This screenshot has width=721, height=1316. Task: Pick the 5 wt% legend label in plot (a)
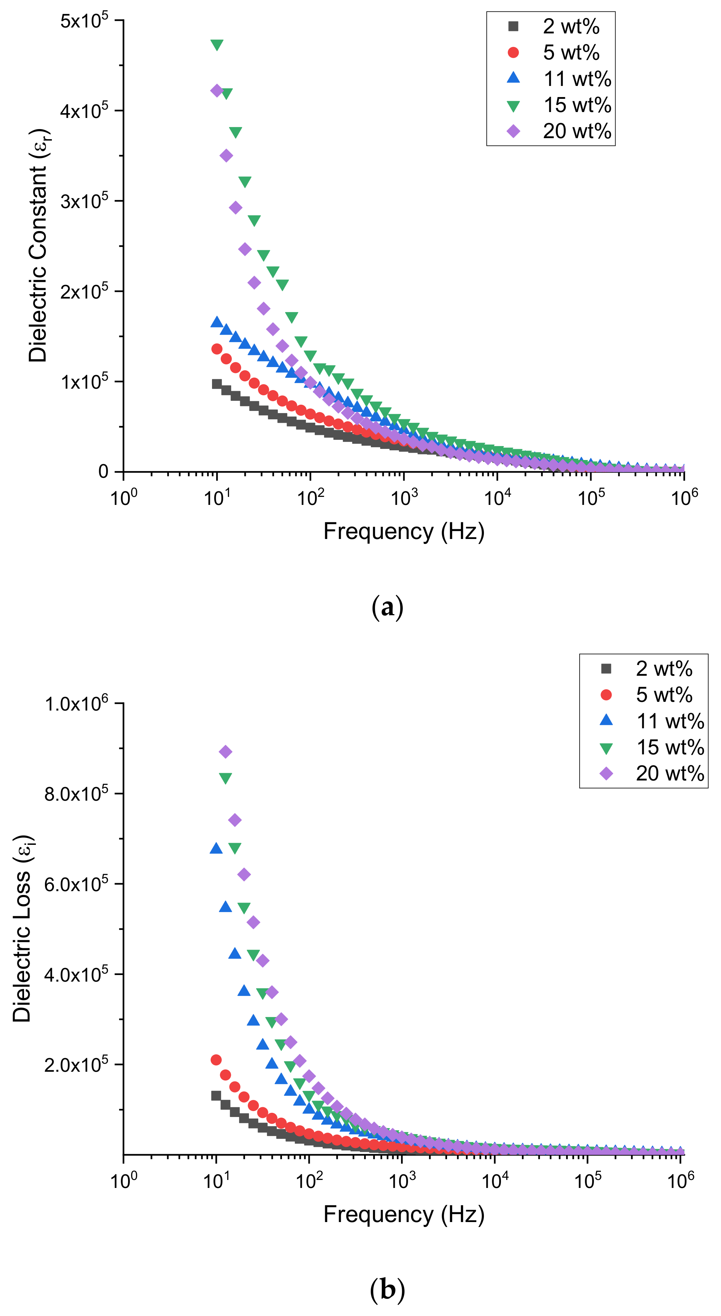571,53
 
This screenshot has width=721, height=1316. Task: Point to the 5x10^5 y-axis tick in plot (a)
84,21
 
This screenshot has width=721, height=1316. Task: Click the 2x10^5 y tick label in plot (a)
84,292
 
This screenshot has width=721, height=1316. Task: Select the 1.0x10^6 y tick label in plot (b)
77,704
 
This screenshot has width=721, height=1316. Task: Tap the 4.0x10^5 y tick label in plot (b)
77,975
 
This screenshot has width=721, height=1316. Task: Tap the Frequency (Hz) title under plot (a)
404,531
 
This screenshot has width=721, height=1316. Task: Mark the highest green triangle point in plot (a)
217,45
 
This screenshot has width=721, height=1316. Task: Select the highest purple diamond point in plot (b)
225,752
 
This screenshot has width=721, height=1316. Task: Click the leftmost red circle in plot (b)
216,1060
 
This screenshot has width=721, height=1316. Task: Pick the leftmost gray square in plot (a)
217,384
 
